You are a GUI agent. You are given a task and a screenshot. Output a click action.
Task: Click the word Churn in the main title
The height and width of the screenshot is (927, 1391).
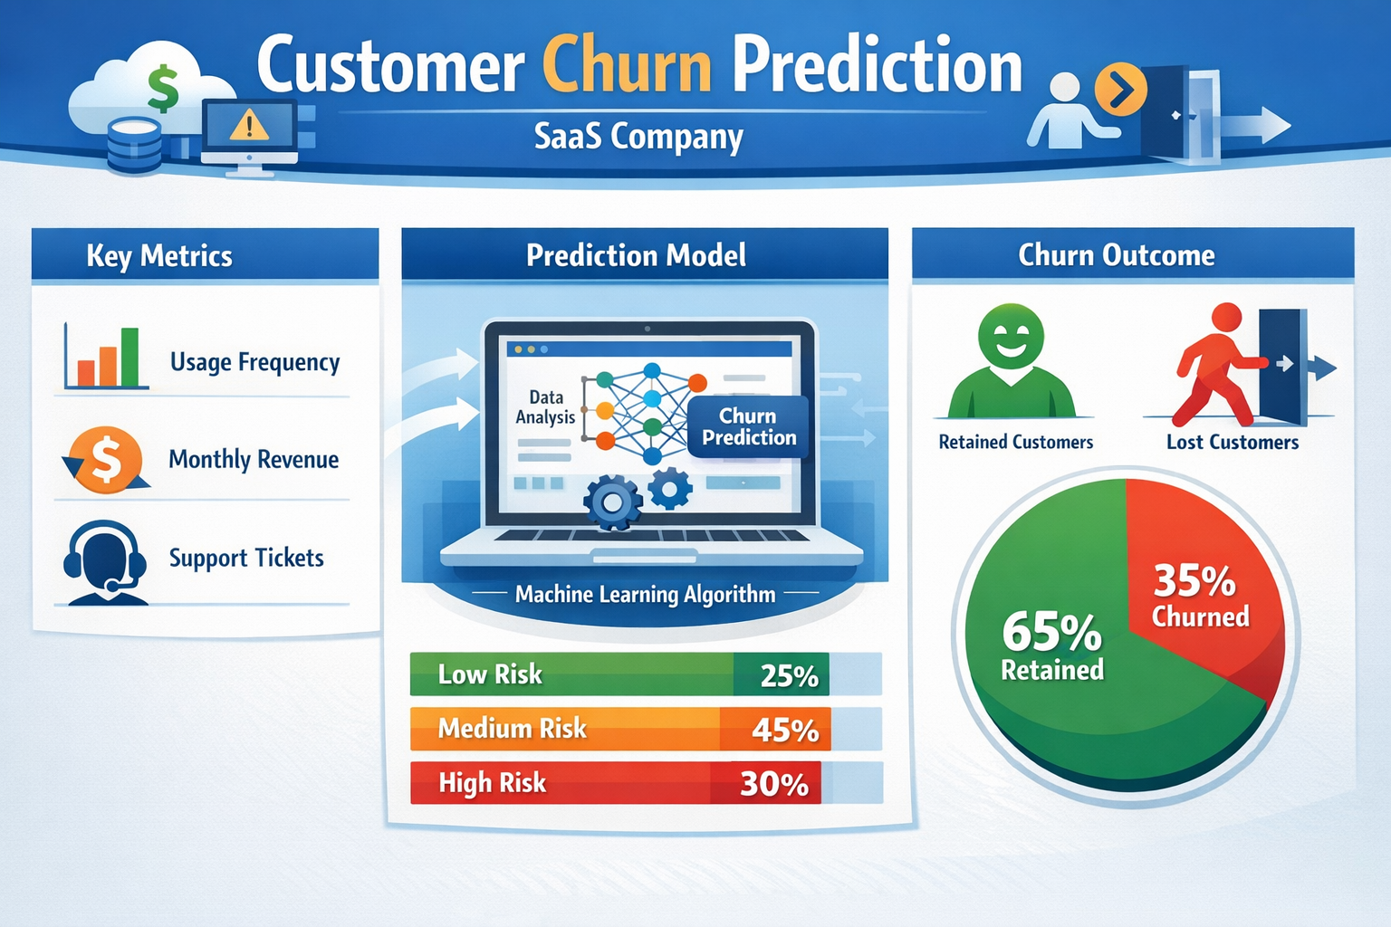click(627, 67)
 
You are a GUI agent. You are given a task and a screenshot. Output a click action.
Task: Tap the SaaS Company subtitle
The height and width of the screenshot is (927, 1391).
click(638, 137)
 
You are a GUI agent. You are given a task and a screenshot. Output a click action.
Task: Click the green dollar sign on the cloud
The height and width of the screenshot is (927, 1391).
click(163, 89)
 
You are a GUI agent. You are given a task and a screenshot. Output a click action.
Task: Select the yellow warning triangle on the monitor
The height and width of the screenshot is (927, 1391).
click(249, 125)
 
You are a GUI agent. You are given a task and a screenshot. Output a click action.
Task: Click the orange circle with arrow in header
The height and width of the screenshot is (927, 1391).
click(1121, 90)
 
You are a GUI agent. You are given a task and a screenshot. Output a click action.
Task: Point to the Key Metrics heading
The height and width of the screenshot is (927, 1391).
click(159, 256)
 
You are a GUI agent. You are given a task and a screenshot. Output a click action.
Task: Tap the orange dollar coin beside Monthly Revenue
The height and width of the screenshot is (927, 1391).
click(107, 459)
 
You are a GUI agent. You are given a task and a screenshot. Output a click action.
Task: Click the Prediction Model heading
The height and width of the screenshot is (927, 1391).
click(636, 255)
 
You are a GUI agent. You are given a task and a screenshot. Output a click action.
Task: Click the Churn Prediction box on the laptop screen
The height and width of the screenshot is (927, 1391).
click(748, 426)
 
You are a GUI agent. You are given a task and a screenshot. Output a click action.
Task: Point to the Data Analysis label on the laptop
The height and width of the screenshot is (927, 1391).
click(545, 407)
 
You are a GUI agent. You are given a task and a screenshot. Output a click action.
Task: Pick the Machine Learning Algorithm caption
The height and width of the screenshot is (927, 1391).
click(645, 595)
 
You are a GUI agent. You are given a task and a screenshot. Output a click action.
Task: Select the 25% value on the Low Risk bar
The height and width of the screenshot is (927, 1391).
click(789, 675)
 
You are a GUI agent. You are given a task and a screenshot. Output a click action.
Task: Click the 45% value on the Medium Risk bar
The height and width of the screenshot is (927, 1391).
click(784, 730)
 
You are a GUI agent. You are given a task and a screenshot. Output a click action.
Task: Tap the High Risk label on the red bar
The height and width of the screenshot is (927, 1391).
click(492, 783)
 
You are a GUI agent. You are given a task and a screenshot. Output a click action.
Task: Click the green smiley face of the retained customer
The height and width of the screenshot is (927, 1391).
click(1011, 337)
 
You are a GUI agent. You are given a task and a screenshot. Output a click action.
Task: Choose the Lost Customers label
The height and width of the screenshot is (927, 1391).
click(1232, 443)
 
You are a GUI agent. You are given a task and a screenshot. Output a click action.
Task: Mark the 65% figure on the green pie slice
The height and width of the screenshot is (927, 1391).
click(1051, 631)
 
